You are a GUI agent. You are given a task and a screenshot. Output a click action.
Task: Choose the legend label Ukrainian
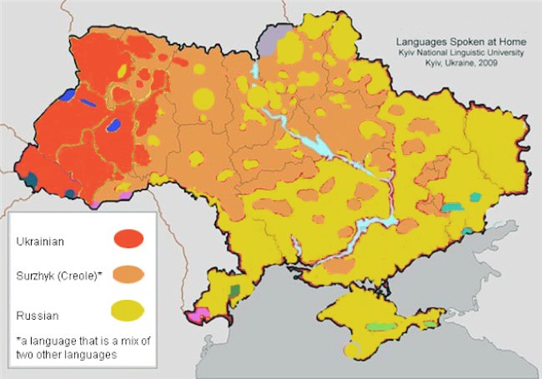click(x=39, y=242)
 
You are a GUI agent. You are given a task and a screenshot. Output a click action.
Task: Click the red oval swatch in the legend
click(x=128, y=239)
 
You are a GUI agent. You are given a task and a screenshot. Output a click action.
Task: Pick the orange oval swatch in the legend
click(x=128, y=274)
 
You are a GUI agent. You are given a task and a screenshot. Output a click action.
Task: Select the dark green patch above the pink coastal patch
click(x=234, y=290)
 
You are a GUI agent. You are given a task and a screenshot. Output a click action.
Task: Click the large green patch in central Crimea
click(x=379, y=326)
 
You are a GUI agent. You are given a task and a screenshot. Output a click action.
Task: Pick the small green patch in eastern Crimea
click(x=429, y=323)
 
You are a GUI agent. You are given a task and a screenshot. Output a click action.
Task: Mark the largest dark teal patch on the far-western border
click(x=32, y=178)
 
